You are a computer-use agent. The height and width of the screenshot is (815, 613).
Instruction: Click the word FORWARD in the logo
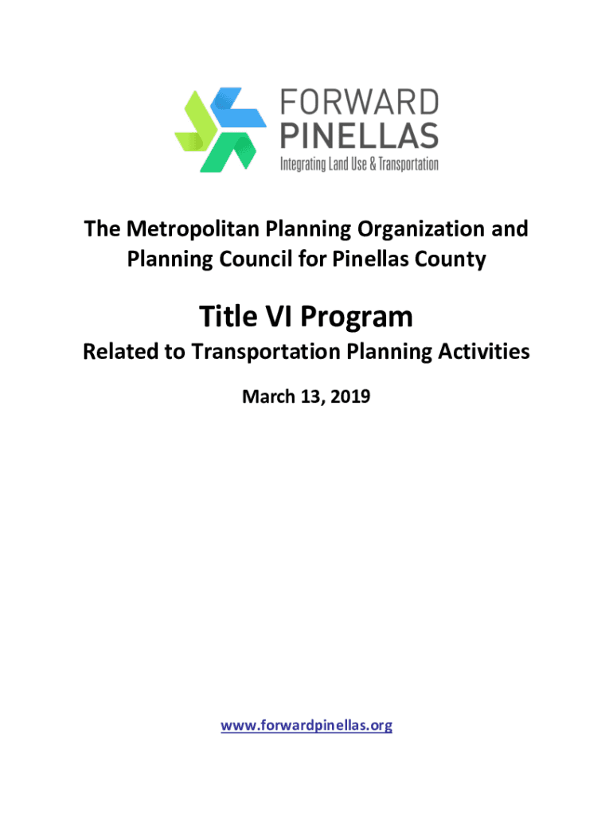(x=359, y=102)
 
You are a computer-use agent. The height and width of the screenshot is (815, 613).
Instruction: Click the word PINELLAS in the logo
(x=359, y=135)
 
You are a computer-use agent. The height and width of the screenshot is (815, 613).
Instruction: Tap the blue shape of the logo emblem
(x=238, y=107)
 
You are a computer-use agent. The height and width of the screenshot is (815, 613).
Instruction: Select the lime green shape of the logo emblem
(x=196, y=122)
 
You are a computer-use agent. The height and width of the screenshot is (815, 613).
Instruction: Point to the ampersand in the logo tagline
(x=373, y=164)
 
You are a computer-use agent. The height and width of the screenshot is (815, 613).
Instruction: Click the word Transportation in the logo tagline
(x=408, y=164)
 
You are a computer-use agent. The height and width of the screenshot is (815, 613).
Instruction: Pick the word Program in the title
(x=357, y=318)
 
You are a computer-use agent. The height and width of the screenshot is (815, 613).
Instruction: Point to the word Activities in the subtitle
(x=484, y=352)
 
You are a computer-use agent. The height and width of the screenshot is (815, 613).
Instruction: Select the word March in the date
(x=269, y=396)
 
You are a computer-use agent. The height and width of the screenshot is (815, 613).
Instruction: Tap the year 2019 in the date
(x=350, y=396)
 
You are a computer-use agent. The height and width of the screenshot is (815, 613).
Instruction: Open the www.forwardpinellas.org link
(x=306, y=725)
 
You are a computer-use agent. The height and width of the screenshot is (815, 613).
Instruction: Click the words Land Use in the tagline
(x=347, y=164)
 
